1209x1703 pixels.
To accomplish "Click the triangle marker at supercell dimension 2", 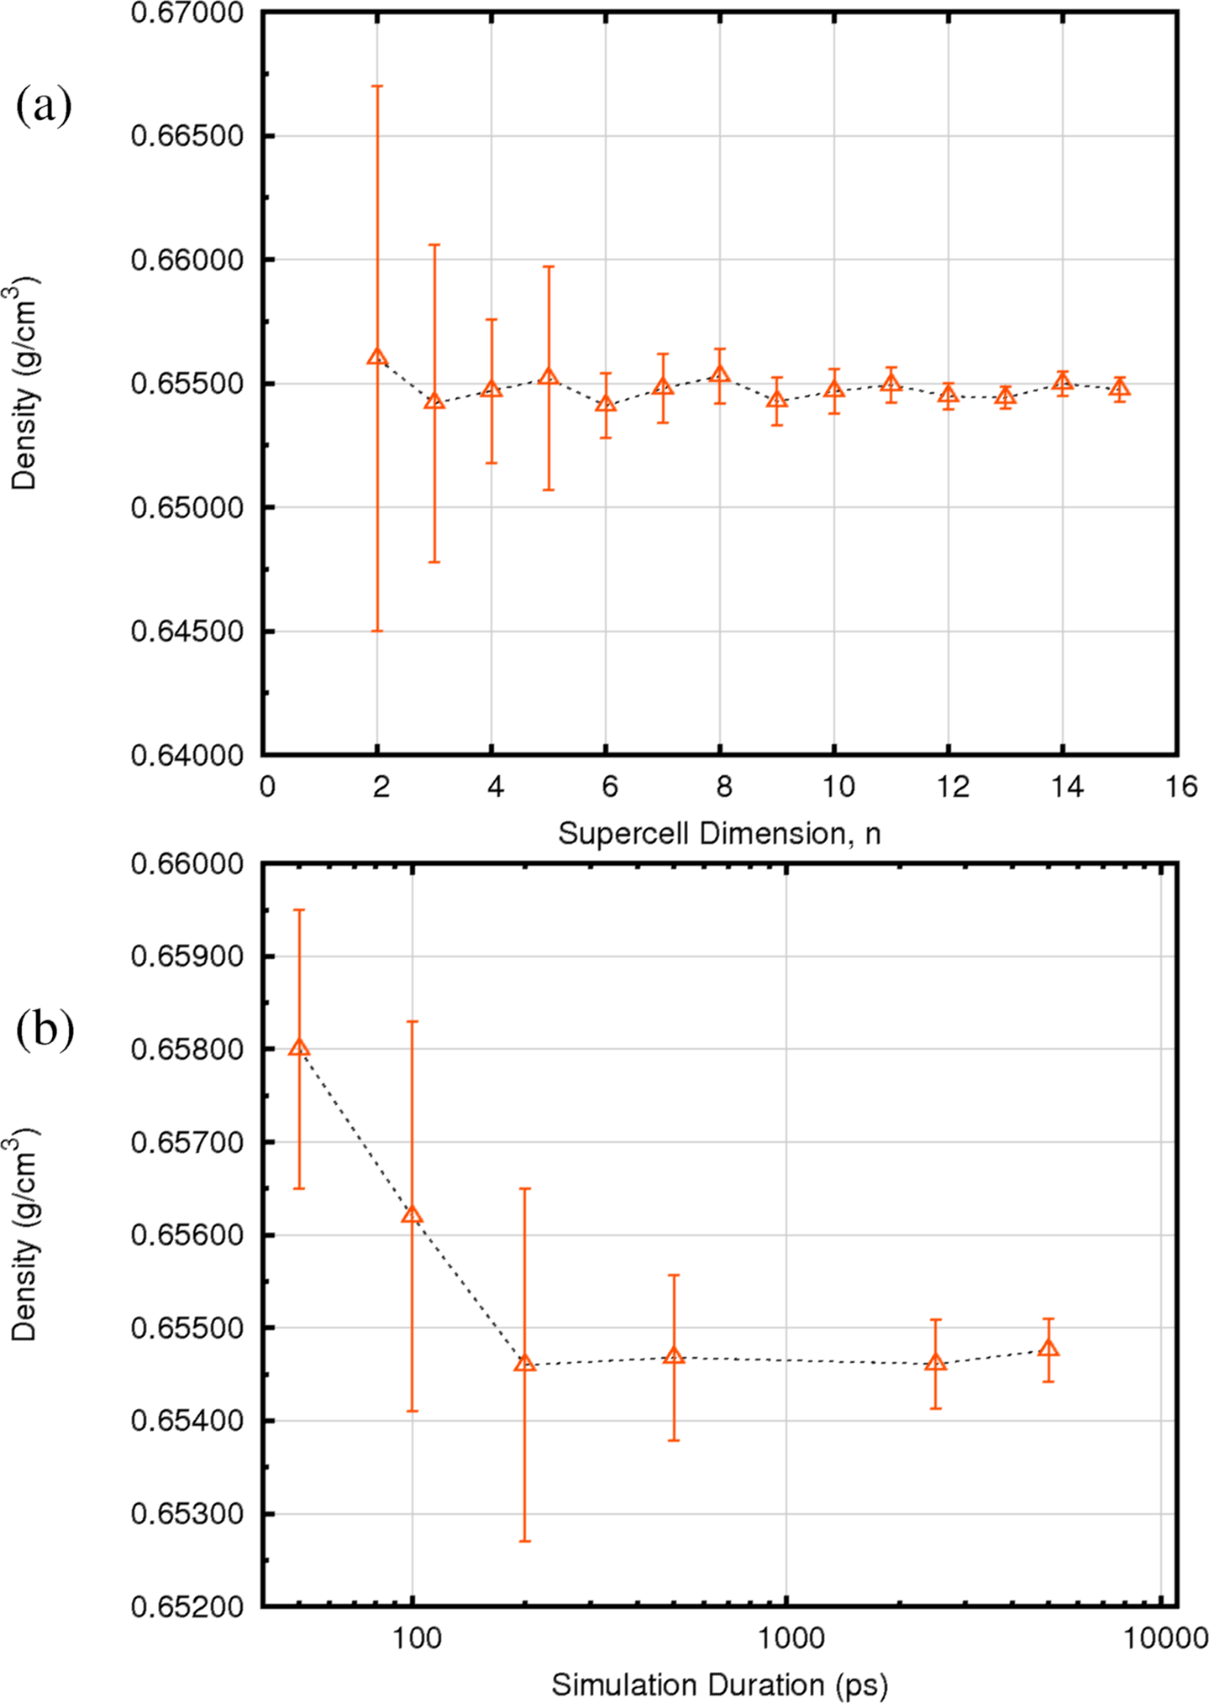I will (377, 357).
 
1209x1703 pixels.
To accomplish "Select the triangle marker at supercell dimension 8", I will (720, 375).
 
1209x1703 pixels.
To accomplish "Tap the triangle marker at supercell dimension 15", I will (1119, 389).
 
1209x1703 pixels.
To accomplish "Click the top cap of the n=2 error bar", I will (377, 86).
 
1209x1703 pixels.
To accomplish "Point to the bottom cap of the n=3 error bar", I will (434, 562).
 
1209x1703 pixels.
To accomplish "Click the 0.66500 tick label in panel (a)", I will (187, 136).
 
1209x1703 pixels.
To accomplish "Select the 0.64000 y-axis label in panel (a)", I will (187, 756).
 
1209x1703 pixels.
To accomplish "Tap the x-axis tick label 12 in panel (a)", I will (953, 787).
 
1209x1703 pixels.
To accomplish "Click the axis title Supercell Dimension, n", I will (719, 834).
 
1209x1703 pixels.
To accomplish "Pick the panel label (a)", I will (44, 107).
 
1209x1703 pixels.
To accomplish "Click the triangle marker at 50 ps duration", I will (299, 1048).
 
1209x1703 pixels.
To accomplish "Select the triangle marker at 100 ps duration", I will (412, 1215).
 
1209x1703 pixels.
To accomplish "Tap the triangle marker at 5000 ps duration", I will (1048, 1349).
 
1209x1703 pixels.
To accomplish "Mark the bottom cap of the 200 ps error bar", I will (525, 1541).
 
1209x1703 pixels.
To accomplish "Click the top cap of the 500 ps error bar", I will (674, 1275).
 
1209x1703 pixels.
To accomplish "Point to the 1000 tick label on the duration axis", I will (787, 1638).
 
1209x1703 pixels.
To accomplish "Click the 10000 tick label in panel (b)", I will (1161, 1638).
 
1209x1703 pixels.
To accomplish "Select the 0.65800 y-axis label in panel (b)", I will (187, 1050).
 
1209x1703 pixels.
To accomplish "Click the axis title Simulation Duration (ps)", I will (719, 1685).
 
